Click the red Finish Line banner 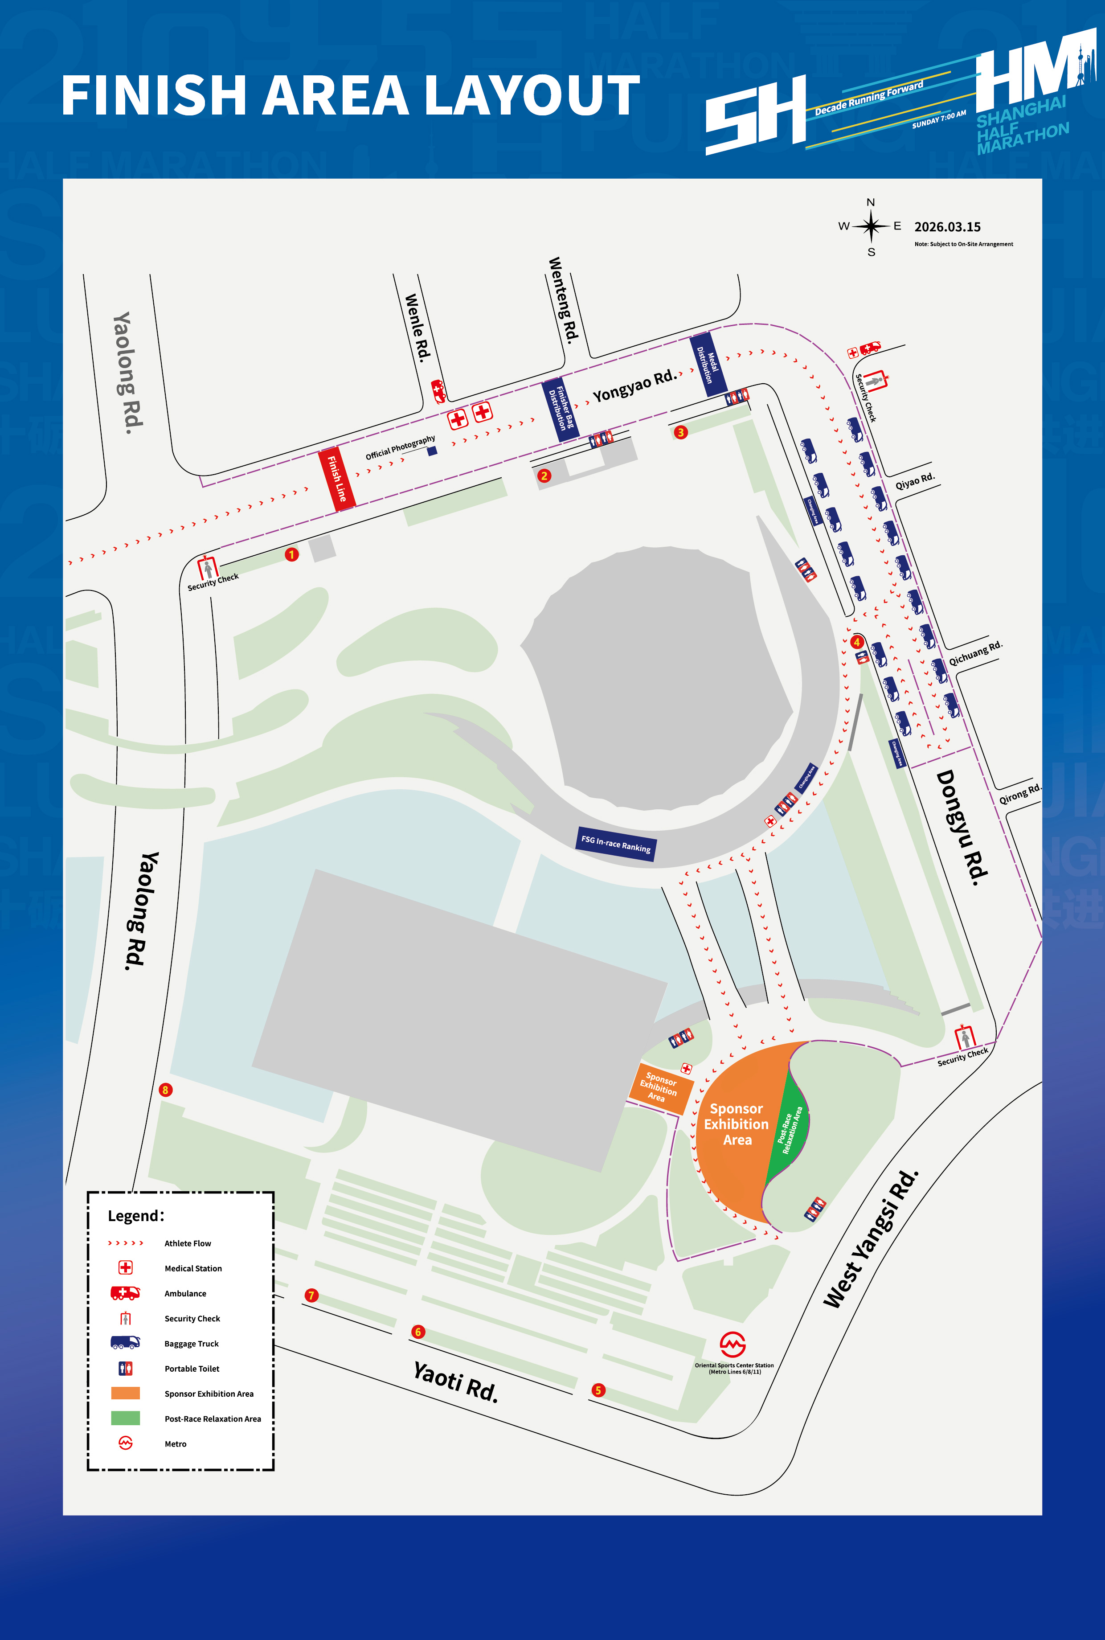pyautogui.click(x=337, y=479)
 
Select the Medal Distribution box pyautogui.click(x=708, y=364)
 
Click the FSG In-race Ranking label pyautogui.click(x=616, y=843)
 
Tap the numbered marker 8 pyautogui.click(x=165, y=1090)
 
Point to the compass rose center pyautogui.click(x=871, y=226)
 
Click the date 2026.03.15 pyautogui.click(x=947, y=227)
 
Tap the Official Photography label pyautogui.click(x=400, y=447)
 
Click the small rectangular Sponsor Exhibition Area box pyautogui.click(x=659, y=1087)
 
